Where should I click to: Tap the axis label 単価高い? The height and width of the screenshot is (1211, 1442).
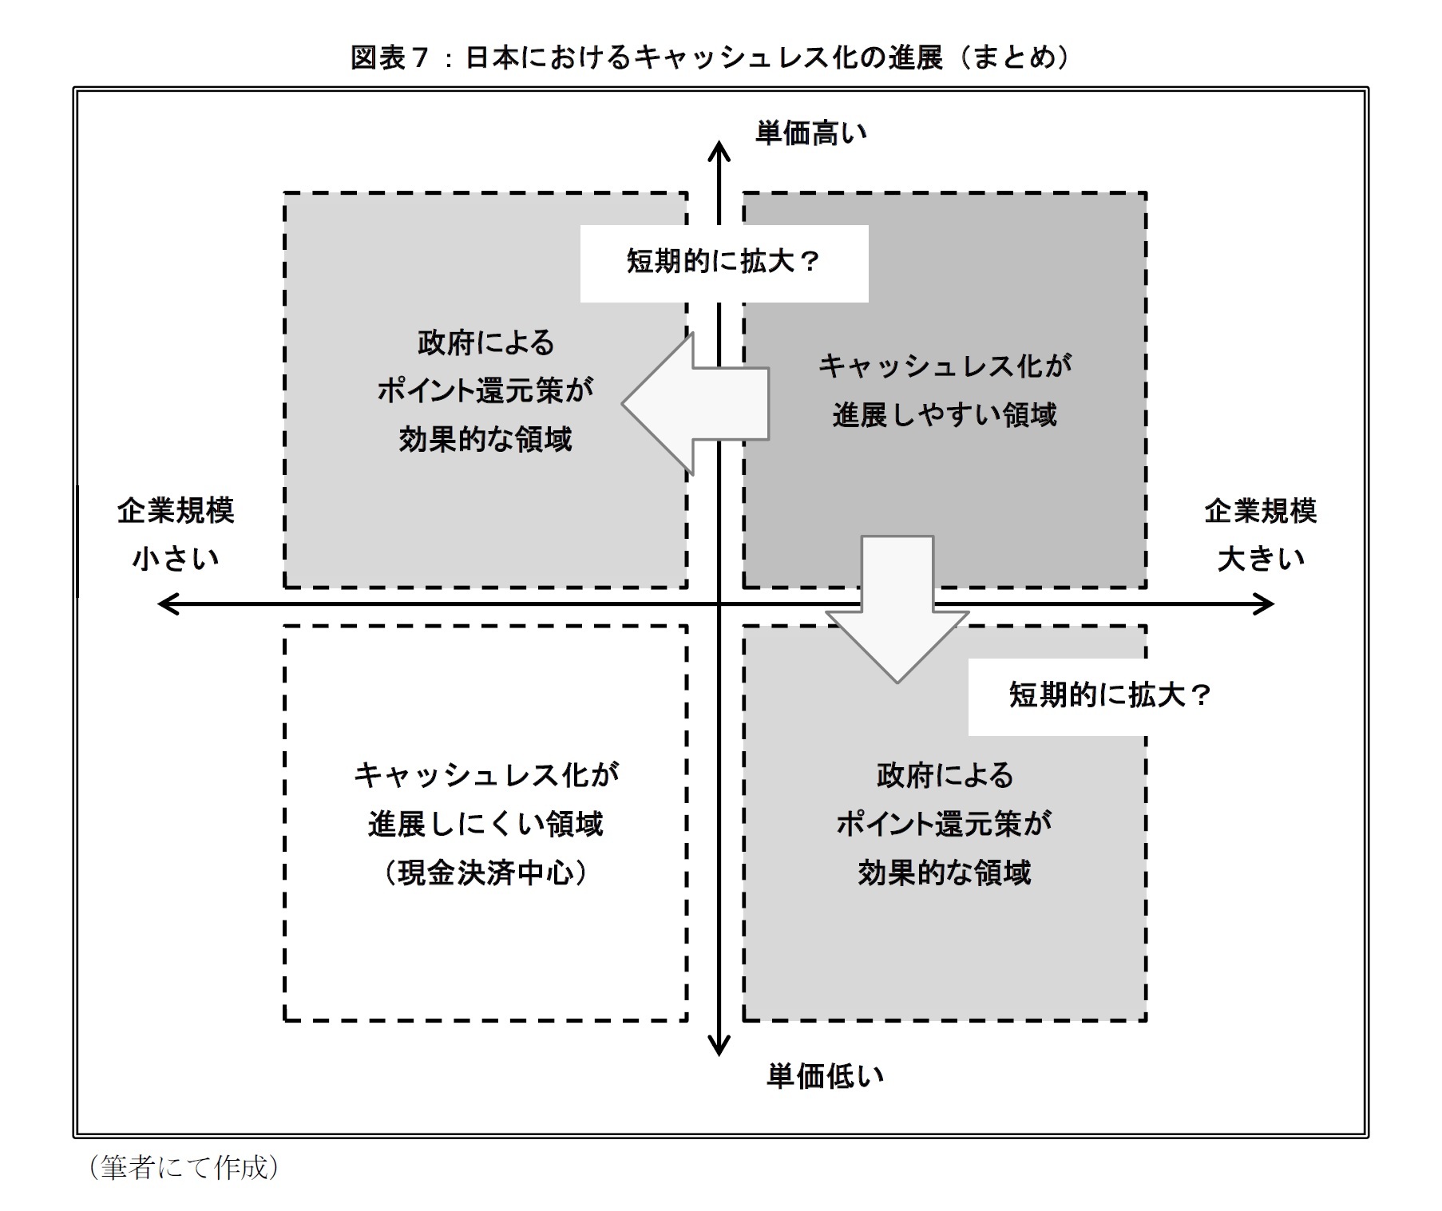(x=811, y=133)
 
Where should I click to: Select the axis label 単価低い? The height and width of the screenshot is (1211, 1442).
(x=825, y=1076)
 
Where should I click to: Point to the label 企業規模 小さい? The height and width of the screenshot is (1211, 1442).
(x=176, y=534)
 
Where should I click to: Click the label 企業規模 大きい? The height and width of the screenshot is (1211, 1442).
(x=1260, y=534)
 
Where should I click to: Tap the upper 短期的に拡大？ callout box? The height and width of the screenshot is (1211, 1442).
(x=723, y=263)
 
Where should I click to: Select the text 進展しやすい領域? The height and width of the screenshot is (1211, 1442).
(x=945, y=415)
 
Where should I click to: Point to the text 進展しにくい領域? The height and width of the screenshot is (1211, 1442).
(x=485, y=824)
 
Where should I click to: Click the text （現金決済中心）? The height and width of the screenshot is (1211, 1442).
(x=485, y=873)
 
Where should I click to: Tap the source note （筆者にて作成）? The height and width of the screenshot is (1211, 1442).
(x=184, y=1167)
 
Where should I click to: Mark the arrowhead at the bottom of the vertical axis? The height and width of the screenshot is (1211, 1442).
(x=719, y=1047)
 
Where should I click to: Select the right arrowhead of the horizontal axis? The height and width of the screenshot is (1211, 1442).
(x=1265, y=604)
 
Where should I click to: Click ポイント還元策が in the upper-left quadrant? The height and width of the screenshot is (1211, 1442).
(x=485, y=391)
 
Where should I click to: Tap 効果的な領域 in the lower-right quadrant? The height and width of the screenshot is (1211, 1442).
(x=945, y=873)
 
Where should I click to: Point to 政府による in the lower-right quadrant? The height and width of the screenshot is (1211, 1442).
(x=945, y=775)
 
